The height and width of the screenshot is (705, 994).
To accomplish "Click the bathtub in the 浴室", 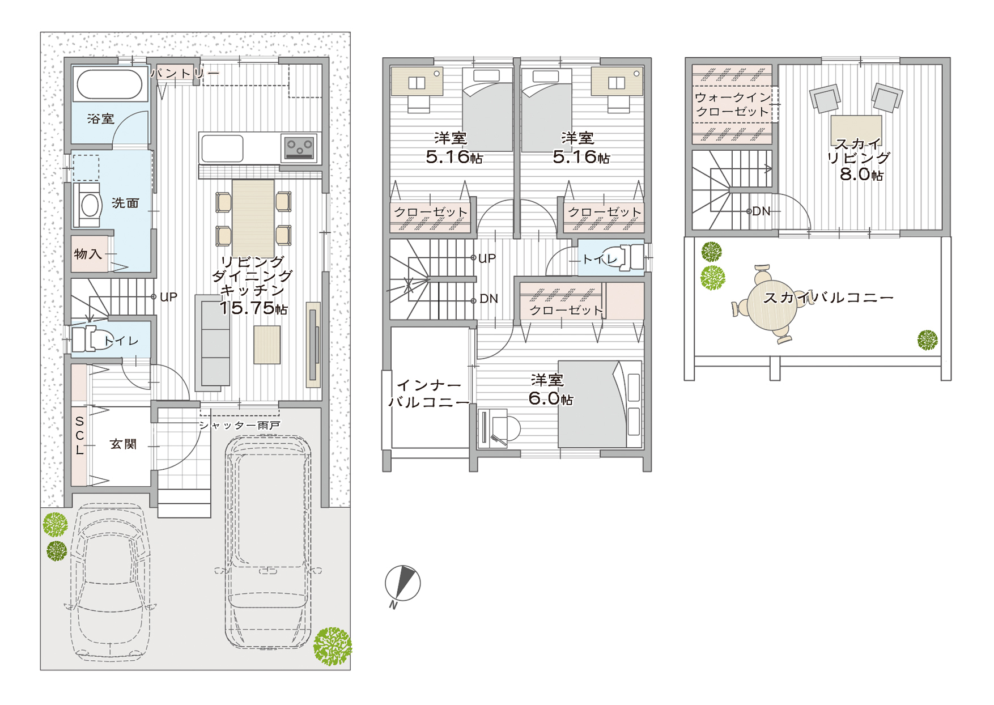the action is coord(109,84).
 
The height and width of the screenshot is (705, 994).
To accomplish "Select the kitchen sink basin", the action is coord(222,148).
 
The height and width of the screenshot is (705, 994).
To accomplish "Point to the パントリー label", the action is coord(185,73).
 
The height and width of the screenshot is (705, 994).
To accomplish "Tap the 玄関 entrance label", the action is coord(124,444).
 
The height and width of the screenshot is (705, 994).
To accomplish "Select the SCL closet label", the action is coord(79,436).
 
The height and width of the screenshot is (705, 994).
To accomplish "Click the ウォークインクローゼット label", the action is coord(733,104).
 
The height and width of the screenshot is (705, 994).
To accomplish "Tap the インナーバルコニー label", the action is coord(429,394).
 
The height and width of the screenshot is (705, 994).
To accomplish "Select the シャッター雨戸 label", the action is coord(239,425).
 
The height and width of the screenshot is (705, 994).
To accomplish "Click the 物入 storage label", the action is coord(88,254).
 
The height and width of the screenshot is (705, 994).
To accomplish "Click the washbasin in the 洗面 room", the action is coord(89,205).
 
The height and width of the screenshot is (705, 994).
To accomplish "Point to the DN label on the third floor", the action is coord(761,211).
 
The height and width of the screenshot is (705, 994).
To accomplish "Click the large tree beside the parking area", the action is coord(333,646).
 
